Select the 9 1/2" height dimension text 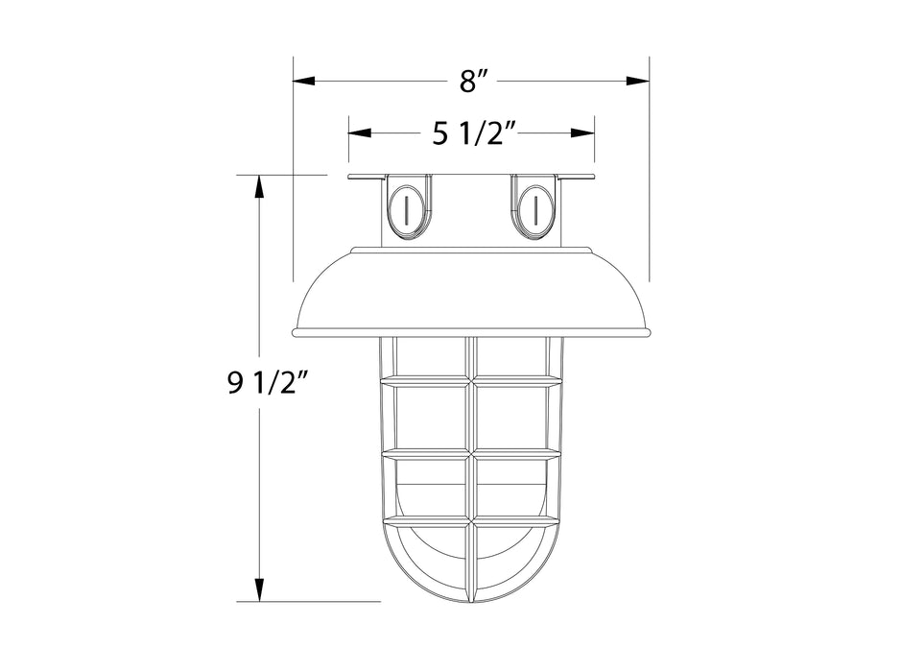tap(266, 386)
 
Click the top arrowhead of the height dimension tap(258, 187)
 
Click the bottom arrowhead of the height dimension tap(258, 589)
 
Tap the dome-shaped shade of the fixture tap(471, 293)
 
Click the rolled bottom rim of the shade tap(471, 333)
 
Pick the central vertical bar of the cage tap(471, 461)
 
